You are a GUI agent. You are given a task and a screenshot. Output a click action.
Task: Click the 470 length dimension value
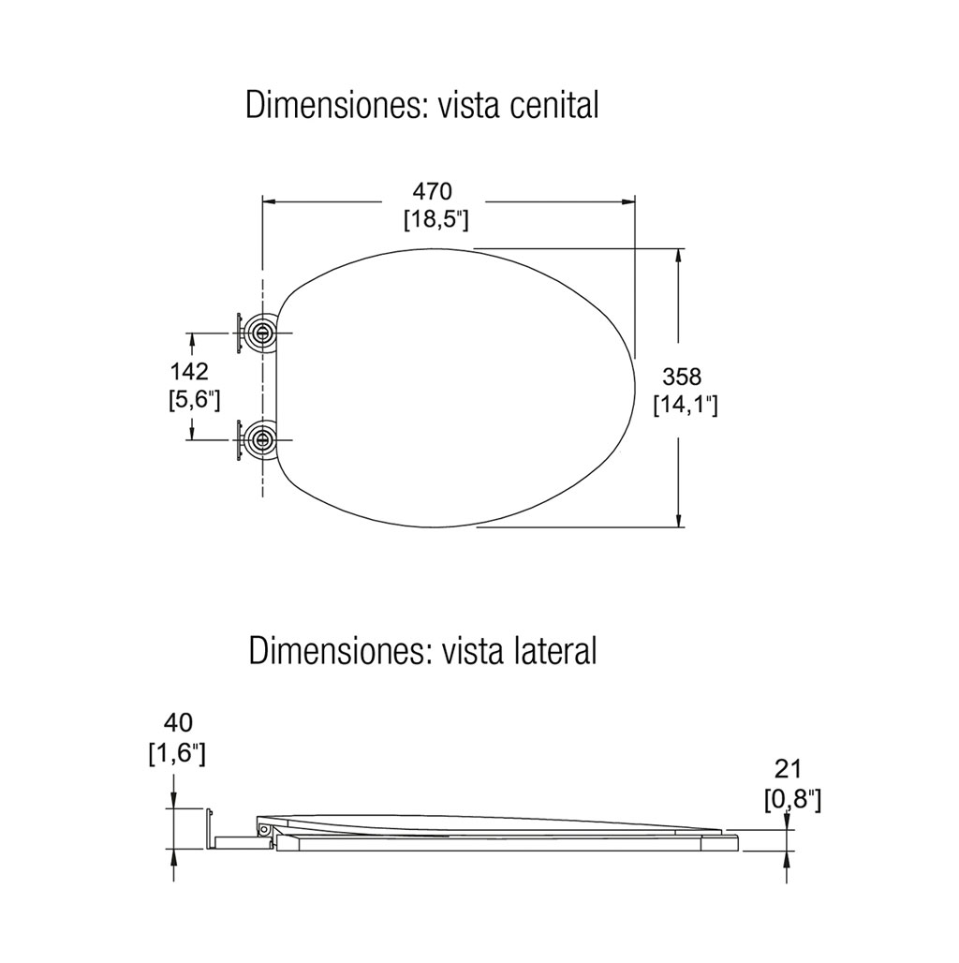432,191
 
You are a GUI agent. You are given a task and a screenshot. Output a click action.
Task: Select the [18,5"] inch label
435,220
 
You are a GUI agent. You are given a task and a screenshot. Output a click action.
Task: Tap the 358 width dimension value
682,377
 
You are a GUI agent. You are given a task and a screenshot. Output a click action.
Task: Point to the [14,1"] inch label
686,406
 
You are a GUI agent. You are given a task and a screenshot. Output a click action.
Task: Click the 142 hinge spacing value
189,371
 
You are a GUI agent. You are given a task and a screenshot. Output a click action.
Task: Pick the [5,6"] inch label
194,400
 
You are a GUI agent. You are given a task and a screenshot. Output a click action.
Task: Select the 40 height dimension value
178,722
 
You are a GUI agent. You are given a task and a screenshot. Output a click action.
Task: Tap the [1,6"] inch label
177,754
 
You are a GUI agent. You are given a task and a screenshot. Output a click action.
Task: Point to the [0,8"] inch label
793,800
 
